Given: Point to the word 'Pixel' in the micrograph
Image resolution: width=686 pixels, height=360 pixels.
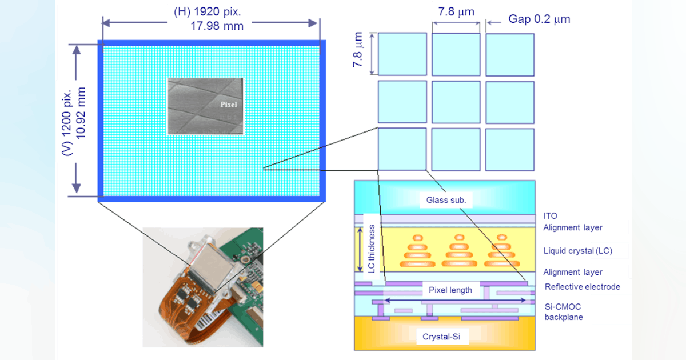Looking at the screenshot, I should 229,105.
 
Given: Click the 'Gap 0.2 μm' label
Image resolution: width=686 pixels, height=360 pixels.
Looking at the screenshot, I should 539,19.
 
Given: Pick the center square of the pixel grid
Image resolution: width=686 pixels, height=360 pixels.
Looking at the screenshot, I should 456,102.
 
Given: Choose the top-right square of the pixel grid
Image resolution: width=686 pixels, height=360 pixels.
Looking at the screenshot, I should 510,54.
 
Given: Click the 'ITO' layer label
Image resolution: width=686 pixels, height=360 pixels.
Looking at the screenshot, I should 550,216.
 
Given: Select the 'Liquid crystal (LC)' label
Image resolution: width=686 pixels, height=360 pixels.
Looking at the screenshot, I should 579,251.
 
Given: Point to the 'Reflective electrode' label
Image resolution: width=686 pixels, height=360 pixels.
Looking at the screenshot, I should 582,287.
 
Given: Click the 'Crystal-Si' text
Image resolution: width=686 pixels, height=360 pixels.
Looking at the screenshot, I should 445,337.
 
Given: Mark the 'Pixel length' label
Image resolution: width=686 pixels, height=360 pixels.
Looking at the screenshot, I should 450,290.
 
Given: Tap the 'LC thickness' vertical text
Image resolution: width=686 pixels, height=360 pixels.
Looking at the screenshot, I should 372,249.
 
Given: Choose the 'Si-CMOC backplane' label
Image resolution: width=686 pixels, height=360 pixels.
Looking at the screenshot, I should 564,311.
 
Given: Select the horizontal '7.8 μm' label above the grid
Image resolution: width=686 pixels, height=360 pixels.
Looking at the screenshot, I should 456,11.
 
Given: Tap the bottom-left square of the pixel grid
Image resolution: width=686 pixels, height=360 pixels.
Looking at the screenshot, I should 402,149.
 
